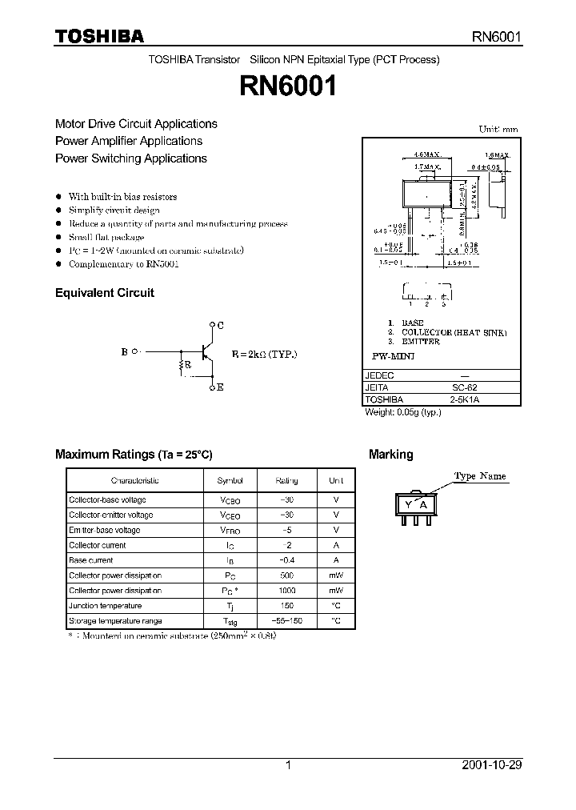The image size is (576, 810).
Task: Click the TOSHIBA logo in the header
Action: tap(98, 36)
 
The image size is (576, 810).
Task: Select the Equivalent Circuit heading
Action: tap(104, 293)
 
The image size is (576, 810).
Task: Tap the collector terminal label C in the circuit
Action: tap(220, 325)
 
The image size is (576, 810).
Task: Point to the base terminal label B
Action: tap(124, 351)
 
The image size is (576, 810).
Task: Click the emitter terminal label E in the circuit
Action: tap(220, 387)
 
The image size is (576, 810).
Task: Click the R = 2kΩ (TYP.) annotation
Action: tap(264, 354)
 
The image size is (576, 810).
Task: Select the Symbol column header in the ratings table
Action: tap(230, 480)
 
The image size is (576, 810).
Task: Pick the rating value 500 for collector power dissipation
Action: tap(286, 575)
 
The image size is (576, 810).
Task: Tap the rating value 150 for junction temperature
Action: tap(286, 606)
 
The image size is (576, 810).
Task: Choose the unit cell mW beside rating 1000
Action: tap(336, 591)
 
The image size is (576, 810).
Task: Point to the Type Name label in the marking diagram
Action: tap(480, 476)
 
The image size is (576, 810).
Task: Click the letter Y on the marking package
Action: tap(409, 504)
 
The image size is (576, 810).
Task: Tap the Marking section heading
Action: tap(390, 455)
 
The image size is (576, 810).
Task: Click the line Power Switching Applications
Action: tap(131, 158)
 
